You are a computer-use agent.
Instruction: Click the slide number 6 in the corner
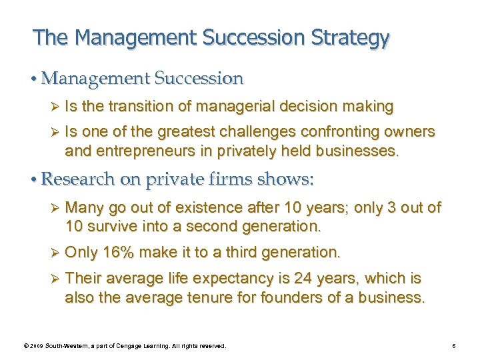tap(453, 346)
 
